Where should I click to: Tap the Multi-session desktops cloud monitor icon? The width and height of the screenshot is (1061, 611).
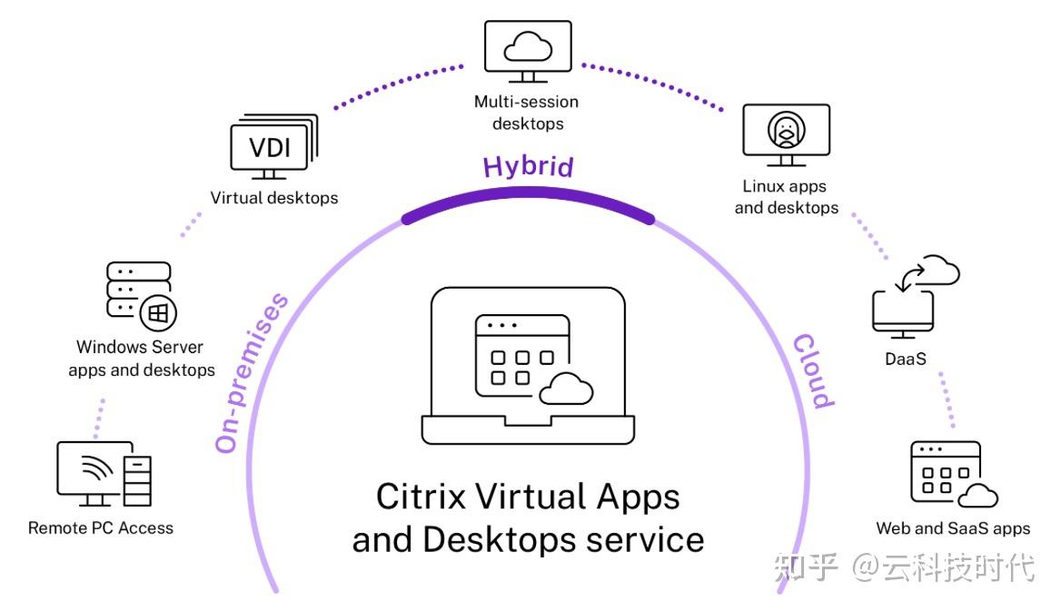pos(527,48)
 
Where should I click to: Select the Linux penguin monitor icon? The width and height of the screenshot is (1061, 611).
pos(786,134)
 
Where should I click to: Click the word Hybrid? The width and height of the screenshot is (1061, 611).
pos(528,167)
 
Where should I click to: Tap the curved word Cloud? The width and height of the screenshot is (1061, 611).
pos(812,371)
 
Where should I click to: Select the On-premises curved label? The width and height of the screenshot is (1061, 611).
pos(253,371)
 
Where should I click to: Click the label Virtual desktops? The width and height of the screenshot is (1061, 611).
pos(273,198)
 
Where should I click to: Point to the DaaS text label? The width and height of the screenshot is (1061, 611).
pos(905,359)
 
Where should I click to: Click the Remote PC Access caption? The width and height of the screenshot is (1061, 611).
pos(100,527)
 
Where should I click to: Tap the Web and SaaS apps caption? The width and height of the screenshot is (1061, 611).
pos(953,528)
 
